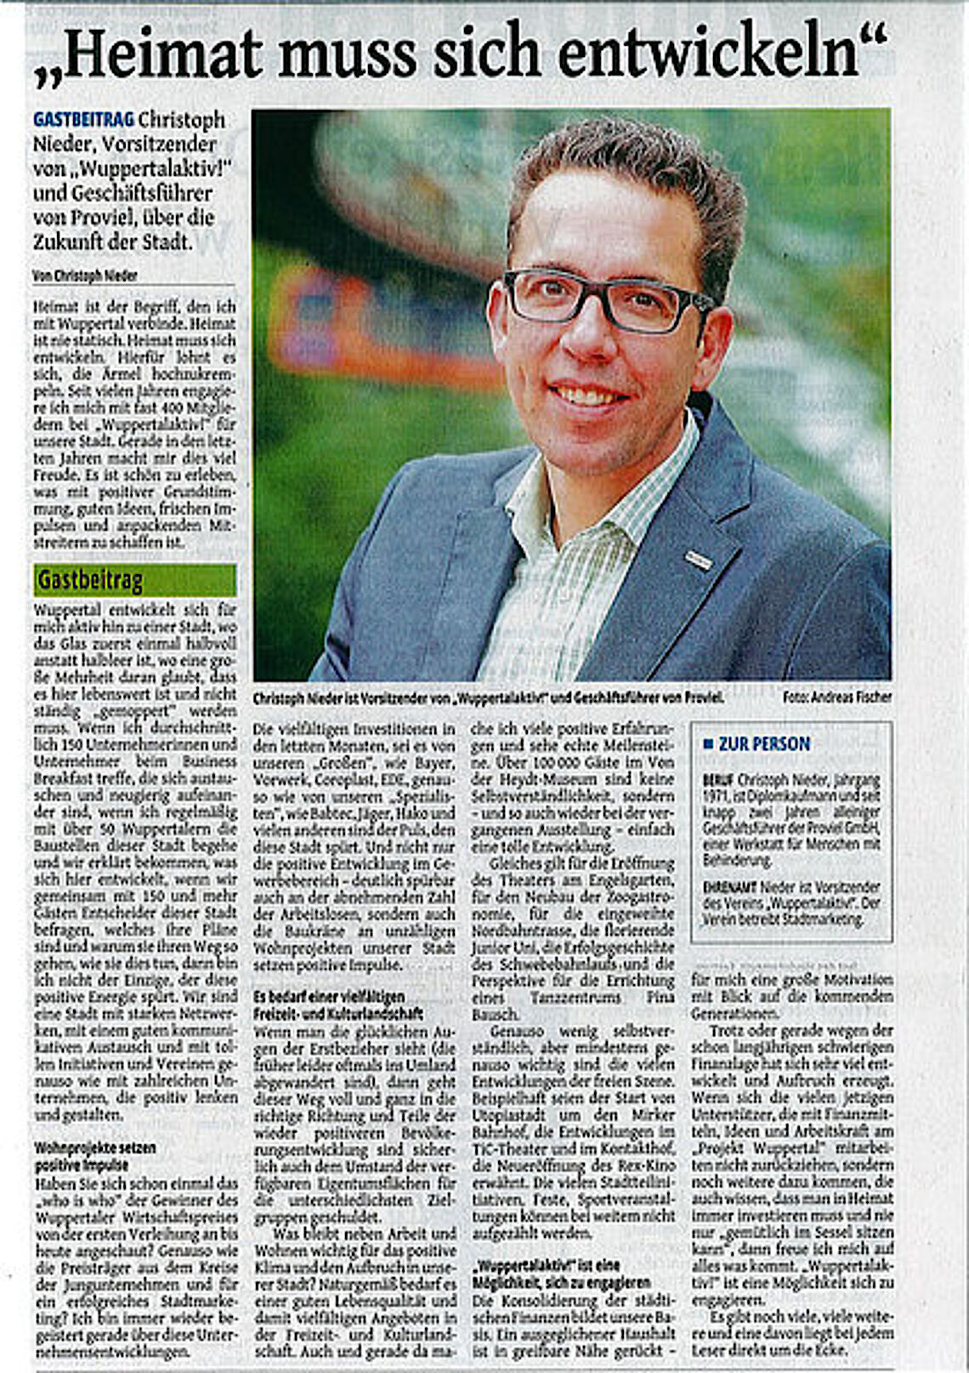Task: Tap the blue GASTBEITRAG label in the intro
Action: point(83,120)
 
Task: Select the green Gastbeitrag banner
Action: point(134,580)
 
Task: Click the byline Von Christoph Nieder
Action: point(84,276)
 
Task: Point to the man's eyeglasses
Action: point(605,300)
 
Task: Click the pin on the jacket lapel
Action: point(698,560)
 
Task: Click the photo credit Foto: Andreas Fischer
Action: point(836,698)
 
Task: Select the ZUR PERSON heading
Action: point(763,744)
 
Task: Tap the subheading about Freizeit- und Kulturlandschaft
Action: point(337,1005)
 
